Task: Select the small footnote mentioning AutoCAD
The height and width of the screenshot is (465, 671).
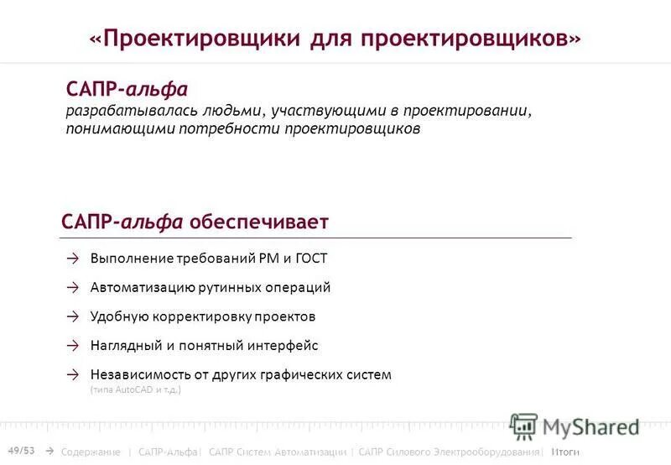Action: tap(135, 389)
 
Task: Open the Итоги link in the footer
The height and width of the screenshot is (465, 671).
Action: tap(565, 452)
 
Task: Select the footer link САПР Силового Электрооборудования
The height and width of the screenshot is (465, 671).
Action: tap(449, 452)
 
